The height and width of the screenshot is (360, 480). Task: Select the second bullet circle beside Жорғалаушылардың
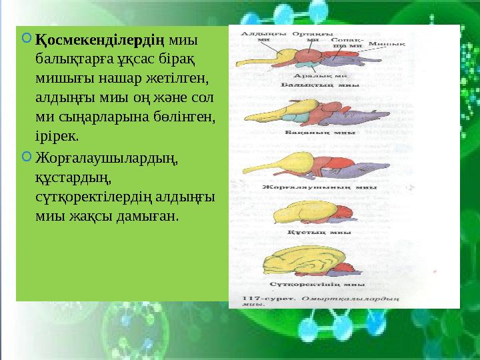(x=25, y=157)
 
